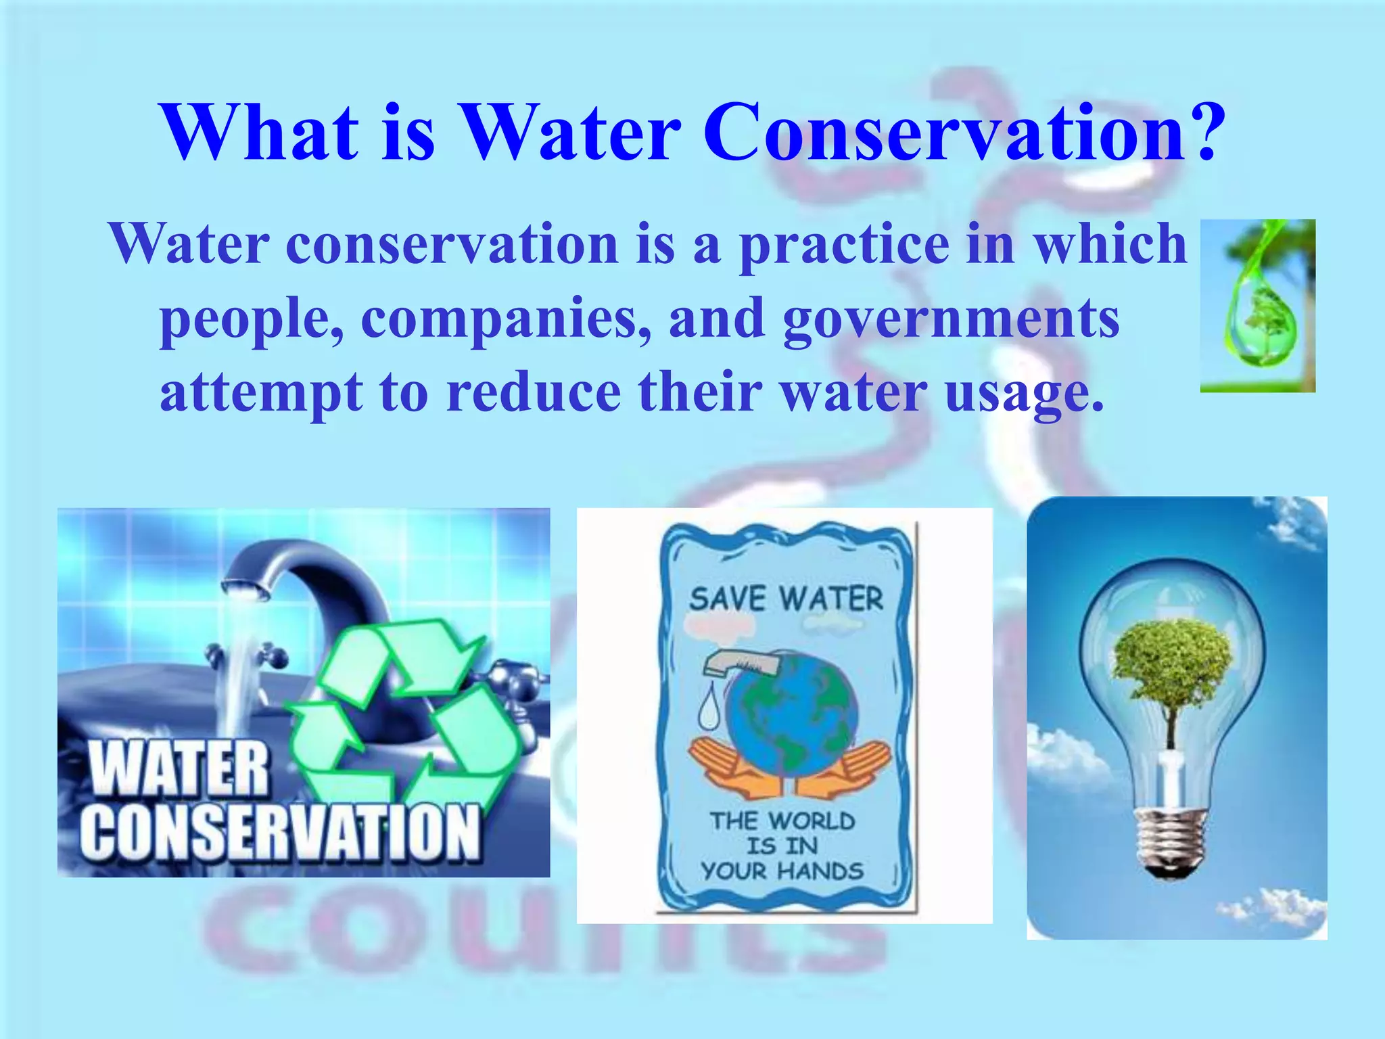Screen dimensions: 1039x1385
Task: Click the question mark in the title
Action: click(1202, 132)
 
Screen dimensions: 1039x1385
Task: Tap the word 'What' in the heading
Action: click(260, 132)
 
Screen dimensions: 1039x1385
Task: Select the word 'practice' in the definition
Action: click(843, 245)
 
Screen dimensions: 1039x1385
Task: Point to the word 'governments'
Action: click(951, 320)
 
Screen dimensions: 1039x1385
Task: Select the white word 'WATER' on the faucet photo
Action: click(179, 768)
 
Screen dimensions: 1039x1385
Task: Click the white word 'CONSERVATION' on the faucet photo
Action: click(280, 833)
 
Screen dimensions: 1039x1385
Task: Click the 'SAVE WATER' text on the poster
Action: click(786, 599)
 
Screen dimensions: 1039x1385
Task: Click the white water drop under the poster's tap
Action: click(709, 710)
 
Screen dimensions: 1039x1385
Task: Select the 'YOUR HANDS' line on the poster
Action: click(782, 871)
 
